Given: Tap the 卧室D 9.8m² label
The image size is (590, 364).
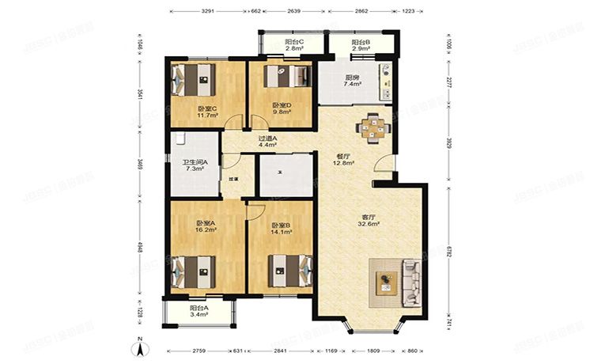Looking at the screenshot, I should (x=282, y=108).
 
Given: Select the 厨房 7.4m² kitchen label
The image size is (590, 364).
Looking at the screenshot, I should (x=354, y=82).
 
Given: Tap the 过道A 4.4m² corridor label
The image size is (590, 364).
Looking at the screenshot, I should (x=267, y=142).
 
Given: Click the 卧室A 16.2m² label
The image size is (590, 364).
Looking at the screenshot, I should (x=206, y=226).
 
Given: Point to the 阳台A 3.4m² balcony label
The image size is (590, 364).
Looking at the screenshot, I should (x=199, y=311).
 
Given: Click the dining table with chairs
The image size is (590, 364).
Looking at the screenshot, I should (x=371, y=129).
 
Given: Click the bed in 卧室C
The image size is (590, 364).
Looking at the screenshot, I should (x=194, y=80).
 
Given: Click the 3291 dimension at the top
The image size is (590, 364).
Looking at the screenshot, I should (x=208, y=13).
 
